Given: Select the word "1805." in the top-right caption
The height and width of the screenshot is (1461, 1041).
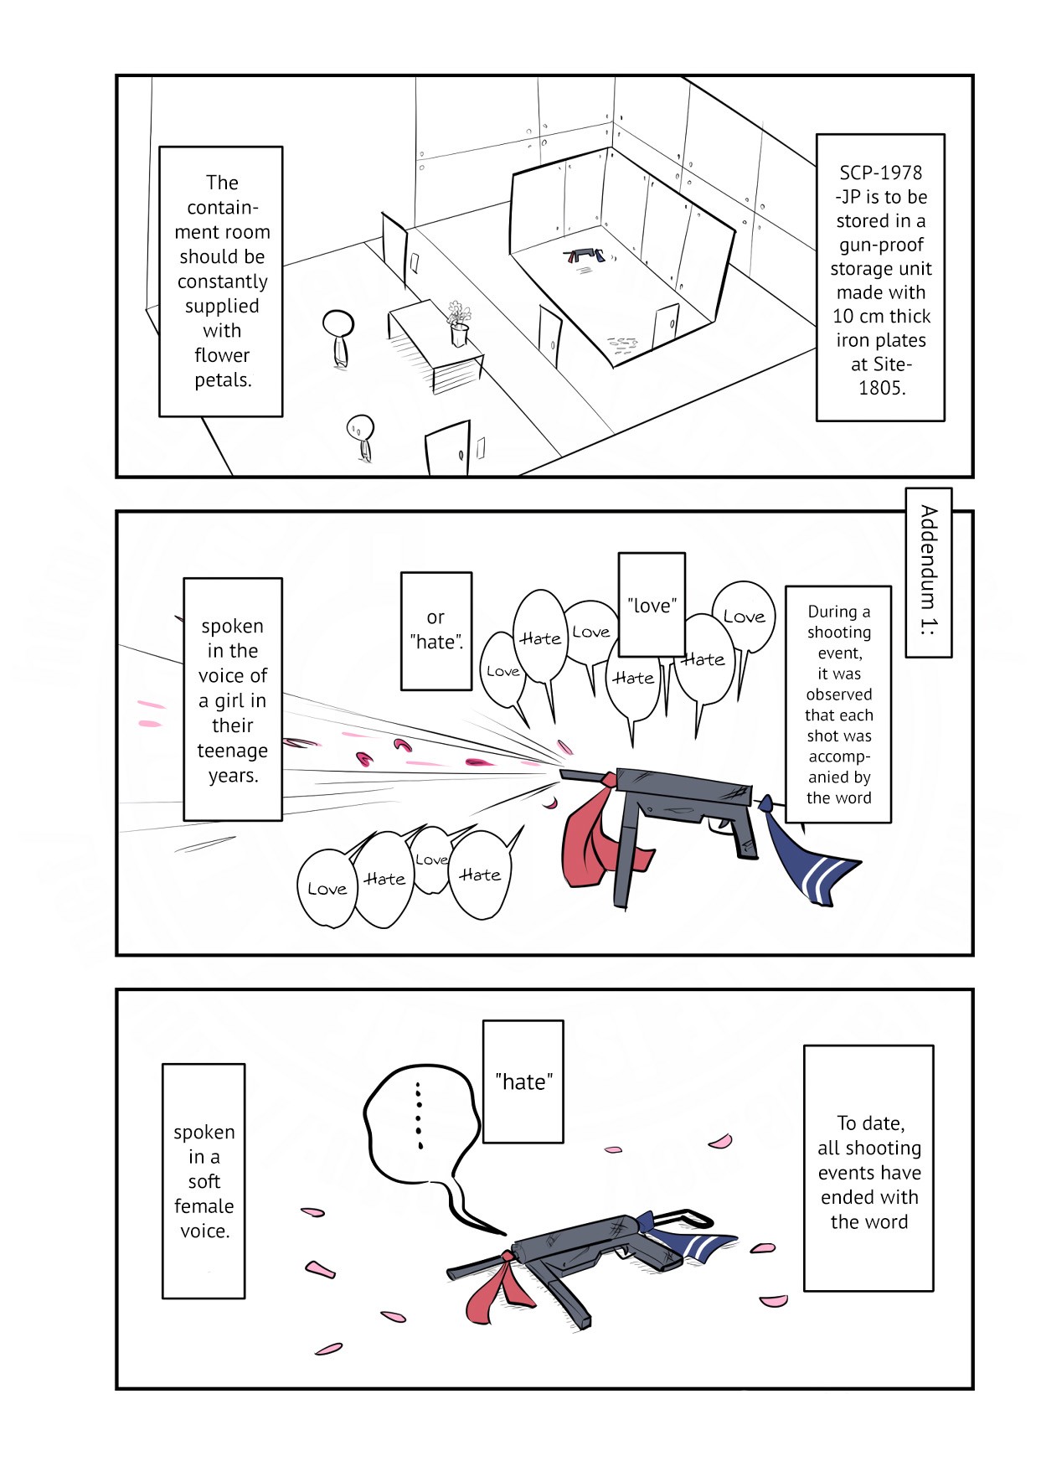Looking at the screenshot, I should (x=881, y=388).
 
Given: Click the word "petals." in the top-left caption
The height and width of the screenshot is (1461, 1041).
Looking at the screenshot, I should (x=223, y=379).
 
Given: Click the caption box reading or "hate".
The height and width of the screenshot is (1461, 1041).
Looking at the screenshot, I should (x=435, y=631).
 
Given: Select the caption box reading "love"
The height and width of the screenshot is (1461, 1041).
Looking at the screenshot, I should (x=652, y=604).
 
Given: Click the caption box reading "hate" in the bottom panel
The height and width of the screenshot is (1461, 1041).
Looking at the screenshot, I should (x=523, y=1082).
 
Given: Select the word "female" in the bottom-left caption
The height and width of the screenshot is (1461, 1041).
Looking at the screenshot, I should (x=204, y=1205).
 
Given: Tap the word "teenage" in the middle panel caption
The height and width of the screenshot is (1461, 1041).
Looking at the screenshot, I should (x=232, y=751).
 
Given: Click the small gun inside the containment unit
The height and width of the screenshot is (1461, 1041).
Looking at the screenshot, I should (x=584, y=254).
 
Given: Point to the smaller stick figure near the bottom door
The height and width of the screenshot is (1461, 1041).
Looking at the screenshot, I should (x=361, y=436).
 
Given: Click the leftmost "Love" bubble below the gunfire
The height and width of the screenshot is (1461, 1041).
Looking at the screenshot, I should (x=327, y=889).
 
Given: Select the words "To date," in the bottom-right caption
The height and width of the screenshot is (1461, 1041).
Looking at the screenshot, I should (x=870, y=1123).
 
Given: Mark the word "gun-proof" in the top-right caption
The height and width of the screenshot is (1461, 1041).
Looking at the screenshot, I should (x=881, y=245).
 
